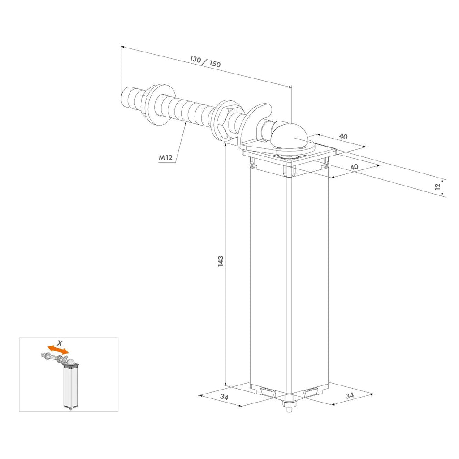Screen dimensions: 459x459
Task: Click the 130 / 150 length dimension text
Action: tap(205, 61)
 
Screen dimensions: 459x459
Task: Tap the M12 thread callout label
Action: tap(165, 157)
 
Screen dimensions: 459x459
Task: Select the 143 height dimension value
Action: tap(221, 261)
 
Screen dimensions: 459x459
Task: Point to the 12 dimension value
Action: tap(437, 186)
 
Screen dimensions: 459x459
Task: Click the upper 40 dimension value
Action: tap(343, 136)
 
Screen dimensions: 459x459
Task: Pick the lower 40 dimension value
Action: tap(354, 167)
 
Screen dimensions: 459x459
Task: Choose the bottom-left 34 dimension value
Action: tap(224, 397)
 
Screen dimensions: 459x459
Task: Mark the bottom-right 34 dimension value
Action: tap(350, 396)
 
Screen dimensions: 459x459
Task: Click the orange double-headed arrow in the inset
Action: tap(58, 349)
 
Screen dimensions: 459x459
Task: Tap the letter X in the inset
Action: tap(60, 343)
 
